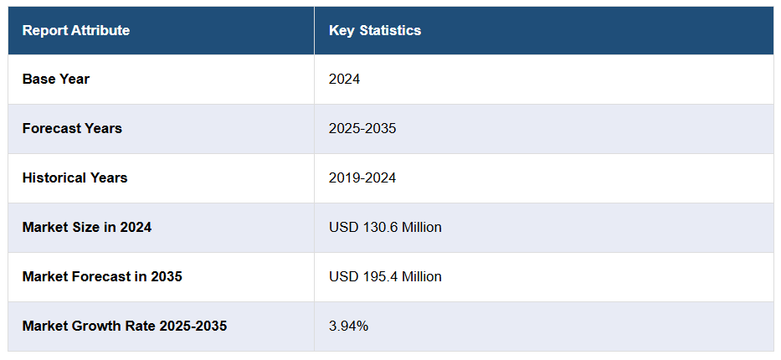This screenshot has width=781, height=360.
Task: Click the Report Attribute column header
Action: [x=76, y=31]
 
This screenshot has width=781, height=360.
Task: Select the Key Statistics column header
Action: [x=375, y=31]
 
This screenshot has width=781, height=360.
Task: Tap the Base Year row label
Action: [x=56, y=80]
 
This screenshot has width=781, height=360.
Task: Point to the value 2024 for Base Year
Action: [x=344, y=80]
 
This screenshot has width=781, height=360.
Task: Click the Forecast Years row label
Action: [x=72, y=129]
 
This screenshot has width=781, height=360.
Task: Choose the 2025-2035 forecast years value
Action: [x=362, y=129]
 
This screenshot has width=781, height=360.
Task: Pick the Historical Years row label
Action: [x=75, y=178]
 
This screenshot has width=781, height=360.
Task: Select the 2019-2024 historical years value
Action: [x=362, y=178]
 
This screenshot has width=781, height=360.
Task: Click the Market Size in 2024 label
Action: [x=87, y=227]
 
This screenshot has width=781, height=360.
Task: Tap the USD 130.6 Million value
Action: [x=385, y=227]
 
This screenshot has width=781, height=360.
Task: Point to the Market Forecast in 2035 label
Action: [x=102, y=276]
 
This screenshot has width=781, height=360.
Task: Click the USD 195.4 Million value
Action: [x=385, y=276]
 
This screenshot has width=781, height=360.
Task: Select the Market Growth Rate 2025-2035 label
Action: [x=125, y=326]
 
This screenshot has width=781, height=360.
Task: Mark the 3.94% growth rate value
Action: [x=348, y=326]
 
